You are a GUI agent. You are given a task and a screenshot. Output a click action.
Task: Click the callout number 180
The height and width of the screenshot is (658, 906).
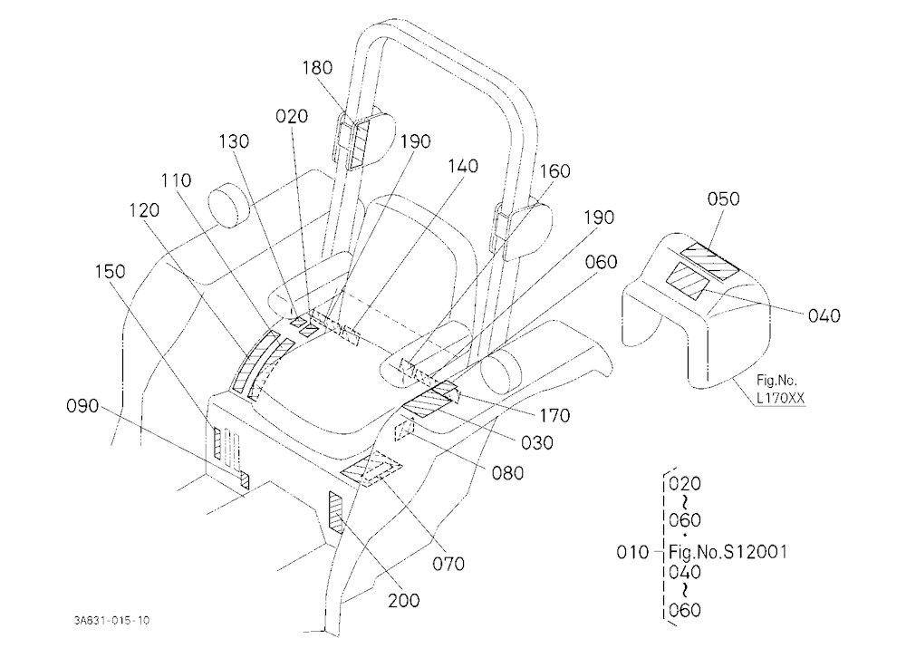317,68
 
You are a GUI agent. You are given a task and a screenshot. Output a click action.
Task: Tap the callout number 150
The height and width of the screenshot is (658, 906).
110,271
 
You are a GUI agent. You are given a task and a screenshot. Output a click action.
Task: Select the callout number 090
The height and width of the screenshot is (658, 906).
82,406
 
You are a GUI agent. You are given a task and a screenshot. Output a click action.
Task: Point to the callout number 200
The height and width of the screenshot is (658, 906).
403,601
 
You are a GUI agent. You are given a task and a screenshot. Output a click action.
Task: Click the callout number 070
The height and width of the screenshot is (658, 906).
448,563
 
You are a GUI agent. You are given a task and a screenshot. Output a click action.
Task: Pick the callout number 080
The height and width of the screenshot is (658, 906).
508,473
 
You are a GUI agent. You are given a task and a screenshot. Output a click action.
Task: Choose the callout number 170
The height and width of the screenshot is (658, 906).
554,415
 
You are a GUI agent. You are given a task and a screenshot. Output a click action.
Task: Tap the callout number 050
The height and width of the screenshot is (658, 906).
723,198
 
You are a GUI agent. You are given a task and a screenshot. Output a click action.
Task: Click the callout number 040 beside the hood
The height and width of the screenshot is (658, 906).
824,315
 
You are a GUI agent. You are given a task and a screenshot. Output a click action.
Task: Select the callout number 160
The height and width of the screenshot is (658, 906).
554,171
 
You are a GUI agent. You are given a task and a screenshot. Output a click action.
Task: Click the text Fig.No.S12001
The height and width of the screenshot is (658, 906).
728,552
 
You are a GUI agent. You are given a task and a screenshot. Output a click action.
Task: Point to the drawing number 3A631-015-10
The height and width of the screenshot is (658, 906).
111,621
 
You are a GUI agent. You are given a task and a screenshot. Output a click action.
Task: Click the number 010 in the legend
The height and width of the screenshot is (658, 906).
632,552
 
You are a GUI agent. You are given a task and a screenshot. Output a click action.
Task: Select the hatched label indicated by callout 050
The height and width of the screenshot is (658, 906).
710,261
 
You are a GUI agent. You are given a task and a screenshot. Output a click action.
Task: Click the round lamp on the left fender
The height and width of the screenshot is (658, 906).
229,204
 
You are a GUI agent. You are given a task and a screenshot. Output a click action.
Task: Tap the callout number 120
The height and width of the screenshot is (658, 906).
144,210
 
